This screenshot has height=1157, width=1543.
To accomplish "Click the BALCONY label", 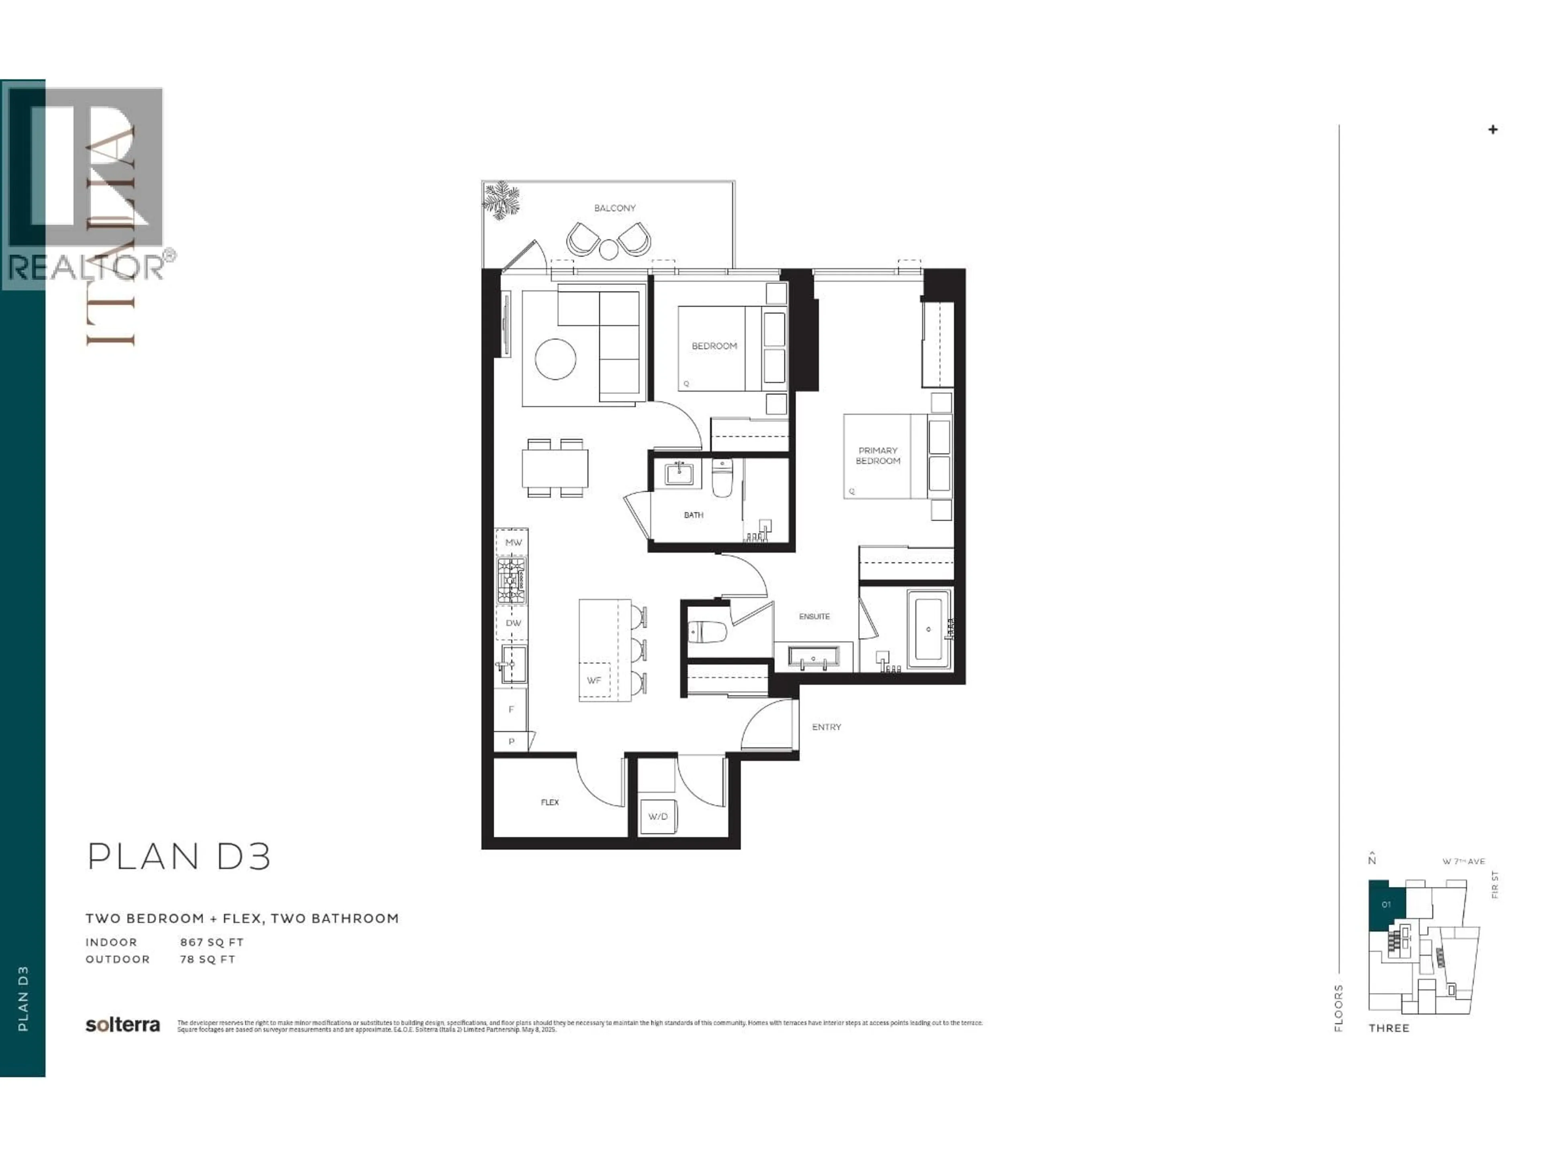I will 614,208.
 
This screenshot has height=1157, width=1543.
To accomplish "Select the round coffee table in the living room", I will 555,359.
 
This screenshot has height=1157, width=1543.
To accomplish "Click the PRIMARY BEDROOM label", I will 878,456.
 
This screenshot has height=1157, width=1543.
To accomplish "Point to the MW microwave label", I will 513,542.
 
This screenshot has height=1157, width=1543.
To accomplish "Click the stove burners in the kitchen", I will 511,580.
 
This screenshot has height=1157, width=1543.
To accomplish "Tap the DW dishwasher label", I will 513,623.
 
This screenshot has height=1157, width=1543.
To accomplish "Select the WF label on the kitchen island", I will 593,680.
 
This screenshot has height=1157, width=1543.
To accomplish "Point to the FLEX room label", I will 550,802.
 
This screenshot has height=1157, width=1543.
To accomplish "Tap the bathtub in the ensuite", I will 928,629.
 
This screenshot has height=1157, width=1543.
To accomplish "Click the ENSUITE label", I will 814,617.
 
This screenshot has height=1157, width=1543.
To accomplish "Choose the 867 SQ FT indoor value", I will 211,942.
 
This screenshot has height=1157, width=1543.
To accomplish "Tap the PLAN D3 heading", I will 178,857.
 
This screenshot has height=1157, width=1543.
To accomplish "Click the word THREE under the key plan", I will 1388,1028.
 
